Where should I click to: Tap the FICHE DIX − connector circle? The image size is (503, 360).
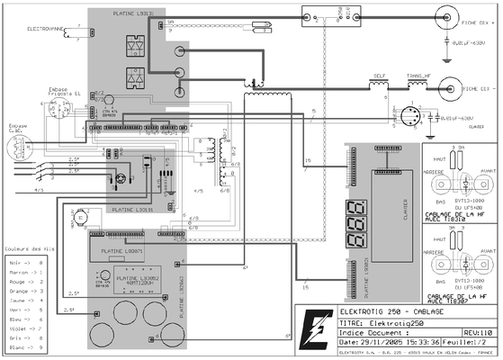pyautogui.click(x=445, y=90)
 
